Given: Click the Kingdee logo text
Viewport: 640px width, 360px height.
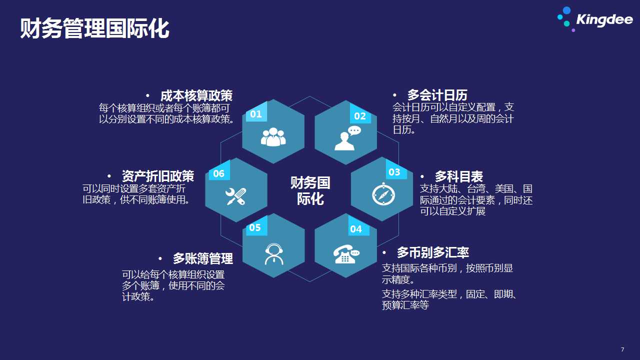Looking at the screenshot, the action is (x=604, y=19).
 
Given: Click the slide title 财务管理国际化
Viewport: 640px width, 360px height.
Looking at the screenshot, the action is (x=94, y=28).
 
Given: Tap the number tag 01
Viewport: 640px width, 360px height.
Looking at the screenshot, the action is (x=256, y=114).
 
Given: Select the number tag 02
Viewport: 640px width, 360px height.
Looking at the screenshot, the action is (x=359, y=116).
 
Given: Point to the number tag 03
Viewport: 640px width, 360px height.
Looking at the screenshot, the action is (x=394, y=172).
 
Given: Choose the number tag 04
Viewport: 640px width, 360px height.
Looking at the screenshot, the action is (x=355, y=229).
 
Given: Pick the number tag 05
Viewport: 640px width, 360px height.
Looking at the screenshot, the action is (x=255, y=227).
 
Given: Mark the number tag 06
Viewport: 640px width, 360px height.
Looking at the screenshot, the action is (x=218, y=173).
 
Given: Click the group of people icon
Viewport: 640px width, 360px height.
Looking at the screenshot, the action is (x=273, y=137).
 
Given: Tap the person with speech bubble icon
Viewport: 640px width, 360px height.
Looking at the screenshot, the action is (x=347, y=138).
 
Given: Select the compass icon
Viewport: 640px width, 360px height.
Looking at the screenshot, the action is (x=383, y=194).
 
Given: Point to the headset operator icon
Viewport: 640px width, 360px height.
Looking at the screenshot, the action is (x=274, y=254).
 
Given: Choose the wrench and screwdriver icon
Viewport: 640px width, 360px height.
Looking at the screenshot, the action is (x=235, y=196).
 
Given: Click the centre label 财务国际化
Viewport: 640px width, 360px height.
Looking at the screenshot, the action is (x=310, y=191).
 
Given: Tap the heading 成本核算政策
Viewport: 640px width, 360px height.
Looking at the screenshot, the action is (x=196, y=95).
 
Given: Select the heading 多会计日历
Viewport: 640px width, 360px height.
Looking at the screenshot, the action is (x=437, y=95).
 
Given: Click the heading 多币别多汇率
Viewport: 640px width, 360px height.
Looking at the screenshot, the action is (x=432, y=252).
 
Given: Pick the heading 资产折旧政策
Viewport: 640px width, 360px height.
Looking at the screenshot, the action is (x=157, y=176).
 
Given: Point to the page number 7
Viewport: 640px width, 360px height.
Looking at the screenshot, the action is (x=622, y=349).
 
